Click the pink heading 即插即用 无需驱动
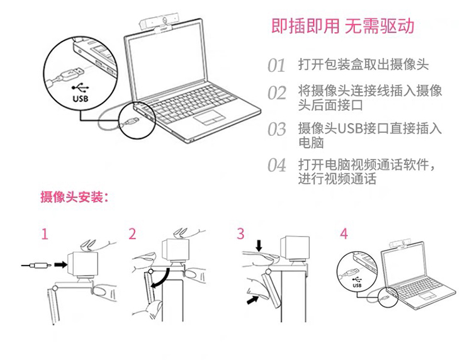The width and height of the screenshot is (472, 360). click(x=343, y=26)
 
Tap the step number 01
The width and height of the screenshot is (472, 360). click(x=277, y=65)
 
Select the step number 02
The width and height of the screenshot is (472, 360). click(x=277, y=93)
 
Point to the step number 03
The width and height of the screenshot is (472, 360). click(x=277, y=129)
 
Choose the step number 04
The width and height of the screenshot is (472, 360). click(x=277, y=166)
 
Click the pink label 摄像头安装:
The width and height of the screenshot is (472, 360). click(x=74, y=197)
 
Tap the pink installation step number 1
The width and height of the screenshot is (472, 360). click(x=45, y=234)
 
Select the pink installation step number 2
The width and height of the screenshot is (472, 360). click(x=132, y=234)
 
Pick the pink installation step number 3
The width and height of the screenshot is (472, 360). click(x=240, y=234)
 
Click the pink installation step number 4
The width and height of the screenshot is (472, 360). click(x=344, y=234)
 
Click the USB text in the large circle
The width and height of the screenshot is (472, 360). click(x=81, y=98)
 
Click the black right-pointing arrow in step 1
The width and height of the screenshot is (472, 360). click(x=60, y=264)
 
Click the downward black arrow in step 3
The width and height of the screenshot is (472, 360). click(x=259, y=245)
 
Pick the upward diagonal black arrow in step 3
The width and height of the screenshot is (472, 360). click(x=252, y=300)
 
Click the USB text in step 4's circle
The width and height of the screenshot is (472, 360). click(x=357, y=285)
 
